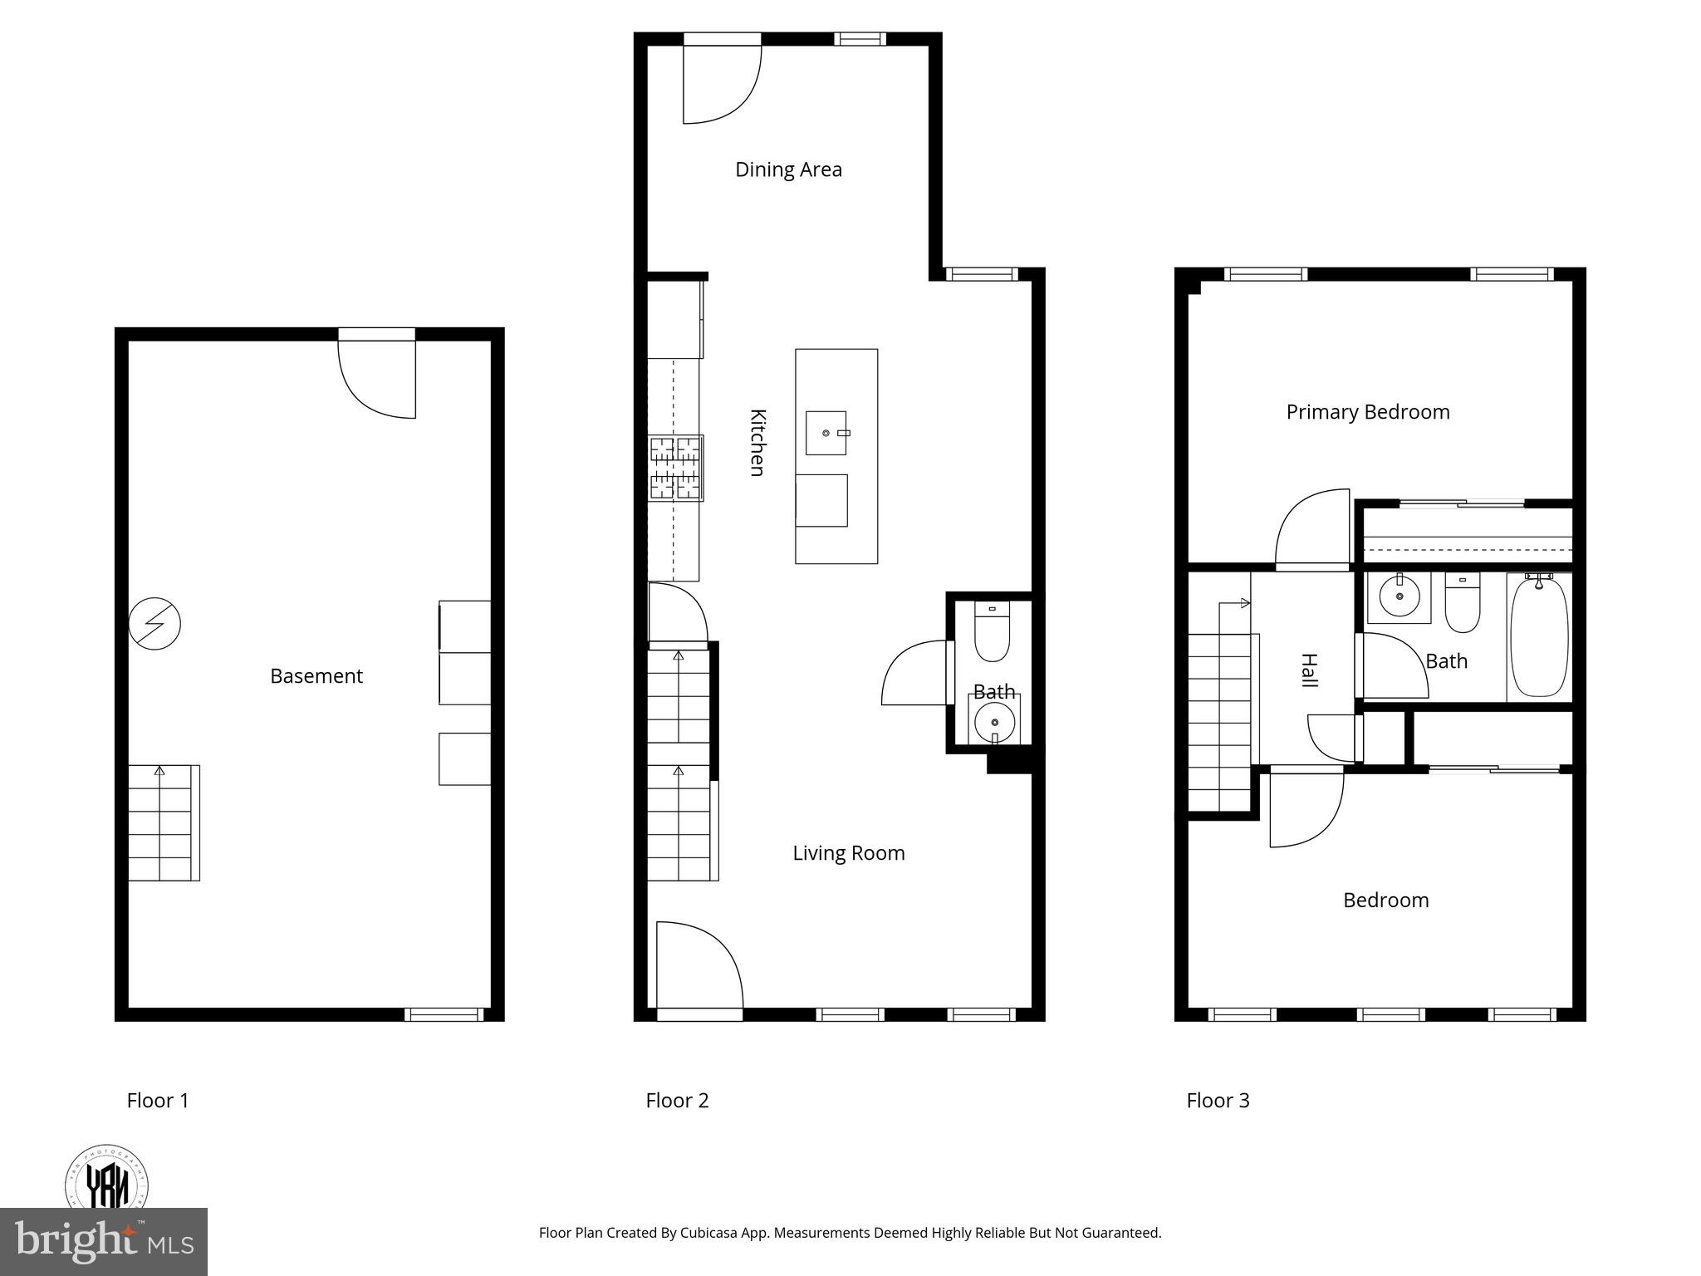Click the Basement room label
(316, 676)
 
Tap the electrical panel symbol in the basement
(154, 623)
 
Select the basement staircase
(164, 822)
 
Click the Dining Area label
(788, 169)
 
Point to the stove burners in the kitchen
(675, 468)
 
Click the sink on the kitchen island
(826, 433)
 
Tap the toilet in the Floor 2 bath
(991, 633)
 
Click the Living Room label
(848, 853)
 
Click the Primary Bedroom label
(1367, 412)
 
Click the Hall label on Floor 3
(1309, 670)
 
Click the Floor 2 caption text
(677, 1101)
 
